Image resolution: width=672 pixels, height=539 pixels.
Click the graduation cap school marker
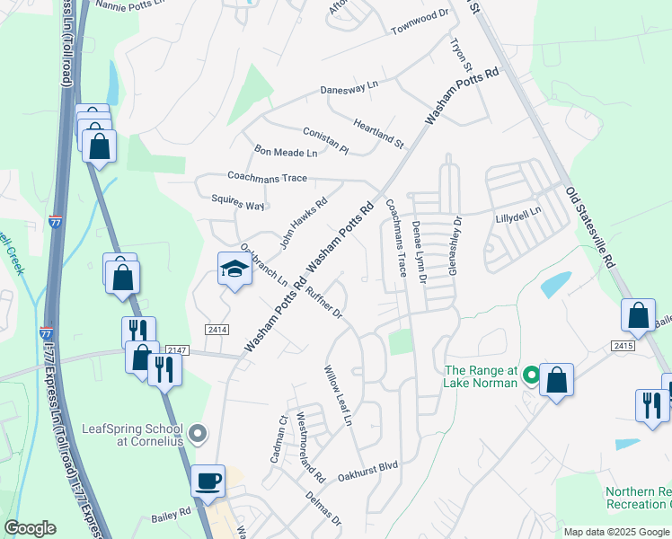click(x=234, y=269)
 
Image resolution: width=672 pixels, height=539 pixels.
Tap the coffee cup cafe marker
click(x=208, y=481)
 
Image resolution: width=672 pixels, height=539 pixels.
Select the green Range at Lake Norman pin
click(x=531, y=376)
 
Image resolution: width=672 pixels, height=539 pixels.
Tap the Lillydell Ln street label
click(x=518, y=214)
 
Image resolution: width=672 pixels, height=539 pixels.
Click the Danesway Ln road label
click(x=349, y=91)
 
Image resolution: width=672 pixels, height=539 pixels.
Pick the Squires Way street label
click(x=237, y=202)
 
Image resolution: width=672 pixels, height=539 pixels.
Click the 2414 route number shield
click(x=216, y=330)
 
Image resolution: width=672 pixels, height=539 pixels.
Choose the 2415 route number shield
click(x=624, y=345)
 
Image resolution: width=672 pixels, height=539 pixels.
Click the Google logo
click(x=30, y=528)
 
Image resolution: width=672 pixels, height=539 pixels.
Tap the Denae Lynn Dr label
click(x=418, y=252)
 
